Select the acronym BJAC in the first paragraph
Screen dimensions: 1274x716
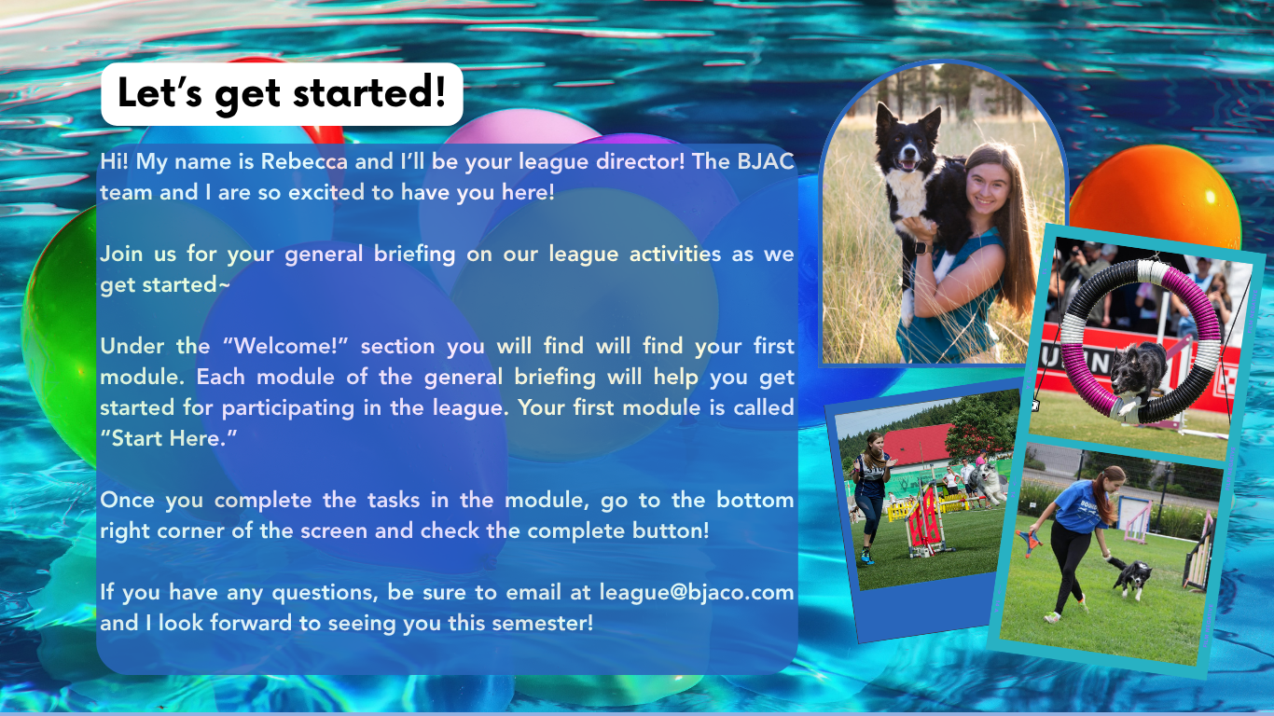[x=766, y=161]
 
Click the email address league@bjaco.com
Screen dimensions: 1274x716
[x=697, y=593]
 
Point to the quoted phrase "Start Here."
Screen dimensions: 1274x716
[x=169, y=438]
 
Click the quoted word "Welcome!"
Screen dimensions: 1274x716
[x=285, y=346]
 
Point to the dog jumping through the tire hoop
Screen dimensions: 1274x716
[x=1138, y=376]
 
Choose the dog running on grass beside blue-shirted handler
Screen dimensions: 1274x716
[x=1132, y=577]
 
